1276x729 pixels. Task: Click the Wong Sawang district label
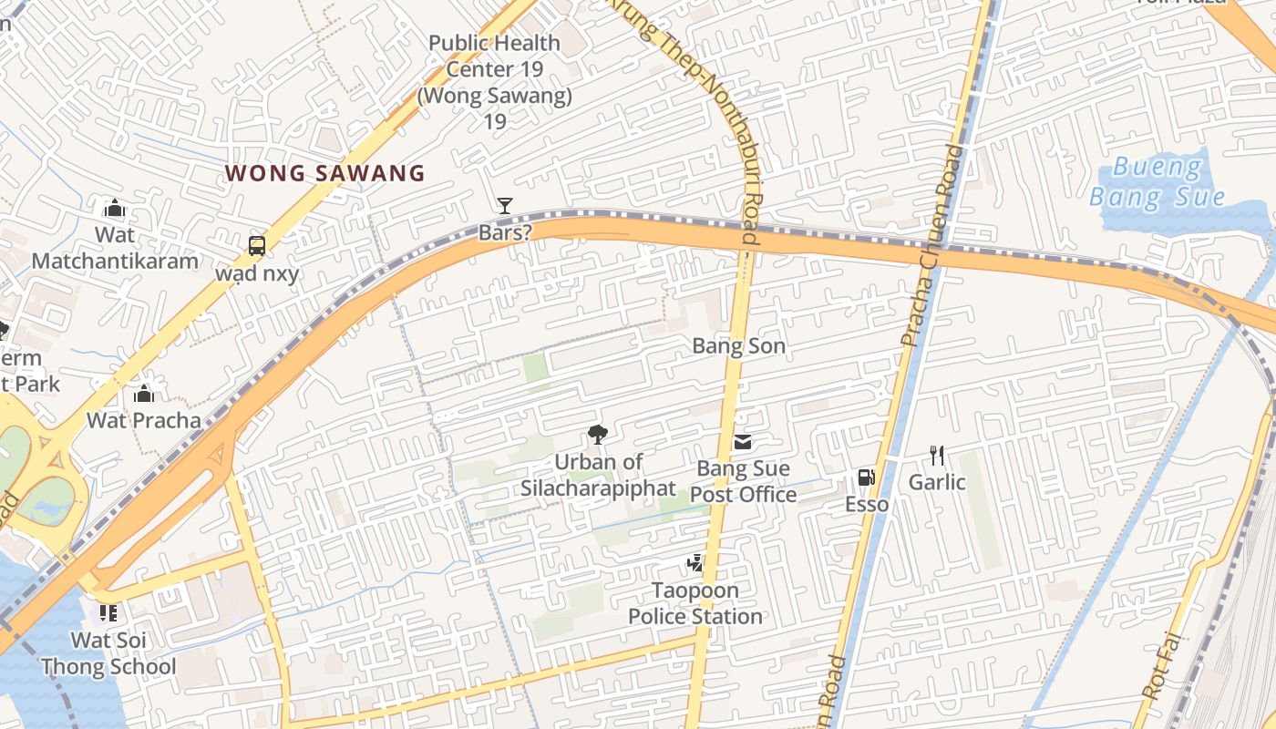(324, 173)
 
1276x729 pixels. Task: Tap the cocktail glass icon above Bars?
(504, 206)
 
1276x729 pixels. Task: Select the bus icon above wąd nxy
(257, 245)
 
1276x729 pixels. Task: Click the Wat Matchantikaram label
(115, 248)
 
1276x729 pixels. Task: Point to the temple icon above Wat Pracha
(144, 395)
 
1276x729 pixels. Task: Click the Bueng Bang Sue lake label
(1158, 182)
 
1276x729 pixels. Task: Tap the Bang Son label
(738, 346)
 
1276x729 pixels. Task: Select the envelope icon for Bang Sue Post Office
(743, 443)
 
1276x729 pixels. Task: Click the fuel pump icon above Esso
(866, 477)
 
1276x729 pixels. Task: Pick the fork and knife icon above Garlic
(936, 455)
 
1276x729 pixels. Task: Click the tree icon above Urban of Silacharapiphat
(598, 435)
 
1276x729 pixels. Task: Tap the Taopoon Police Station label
(695, 603)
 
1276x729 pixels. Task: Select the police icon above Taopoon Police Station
(695, 564)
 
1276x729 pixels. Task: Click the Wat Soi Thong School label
(108, 653)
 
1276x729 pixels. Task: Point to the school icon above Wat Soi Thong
(108, 613)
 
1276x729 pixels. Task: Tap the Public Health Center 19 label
(494, 81)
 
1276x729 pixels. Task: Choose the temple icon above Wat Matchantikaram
(115, 208)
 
